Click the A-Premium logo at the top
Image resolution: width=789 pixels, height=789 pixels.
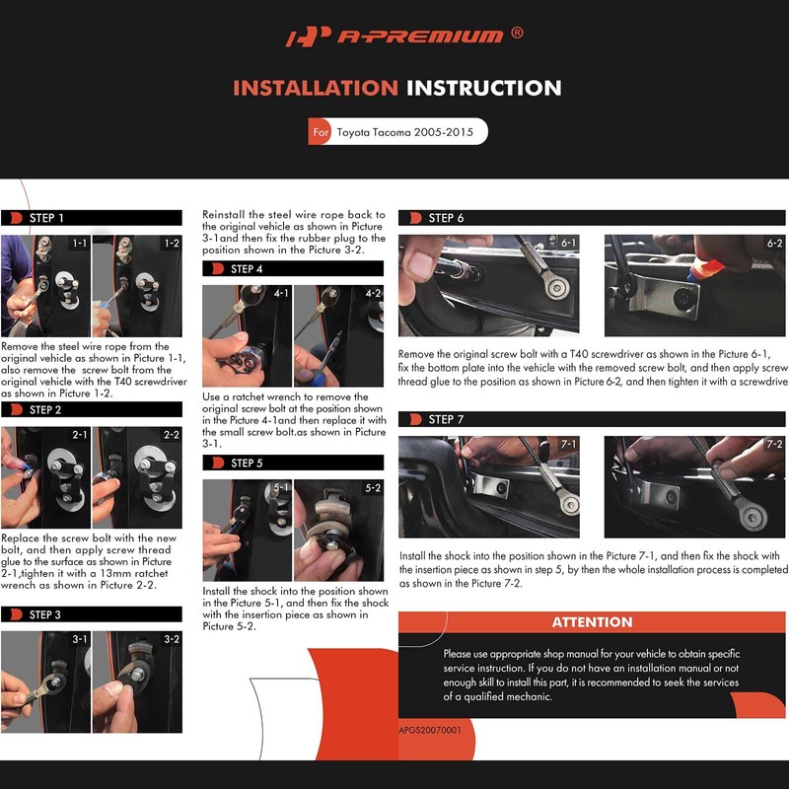[x=394, y=36]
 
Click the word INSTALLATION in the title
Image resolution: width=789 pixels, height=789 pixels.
[x=316, y=88]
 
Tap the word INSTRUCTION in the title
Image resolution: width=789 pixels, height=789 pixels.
[x=483, y=88]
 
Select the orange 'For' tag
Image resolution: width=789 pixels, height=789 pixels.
[x=320, y=132]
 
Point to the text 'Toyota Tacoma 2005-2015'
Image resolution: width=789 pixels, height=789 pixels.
[x=405, y=132]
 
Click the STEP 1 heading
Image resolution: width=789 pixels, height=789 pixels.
[x=46, y=218]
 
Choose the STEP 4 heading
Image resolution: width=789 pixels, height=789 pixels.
[x=247, y=268]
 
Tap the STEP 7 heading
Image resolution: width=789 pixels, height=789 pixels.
[x=446, y=419]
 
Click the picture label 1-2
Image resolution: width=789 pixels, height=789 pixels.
[x=172, y=243]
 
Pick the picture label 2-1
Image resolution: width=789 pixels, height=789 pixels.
[x=80, y=435]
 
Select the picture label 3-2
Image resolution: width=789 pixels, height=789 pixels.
[x=172, y=639]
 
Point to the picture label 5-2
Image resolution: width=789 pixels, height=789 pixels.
[x=373, y=487]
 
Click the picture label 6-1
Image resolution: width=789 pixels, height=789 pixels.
[x=569, y=243]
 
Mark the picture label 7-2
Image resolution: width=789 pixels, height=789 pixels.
[x=774, y=444]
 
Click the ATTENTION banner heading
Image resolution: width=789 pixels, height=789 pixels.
[x=593, y=622]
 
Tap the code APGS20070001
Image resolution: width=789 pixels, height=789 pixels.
[x=430, y=730]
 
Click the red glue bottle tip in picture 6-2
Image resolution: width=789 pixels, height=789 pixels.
[x=693, y=277]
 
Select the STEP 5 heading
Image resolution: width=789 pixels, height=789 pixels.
[x=247, y=463]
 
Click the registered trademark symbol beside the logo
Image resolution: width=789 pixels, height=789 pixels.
[x=517, y=33]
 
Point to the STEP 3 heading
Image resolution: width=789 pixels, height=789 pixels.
[x=44, y=614]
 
